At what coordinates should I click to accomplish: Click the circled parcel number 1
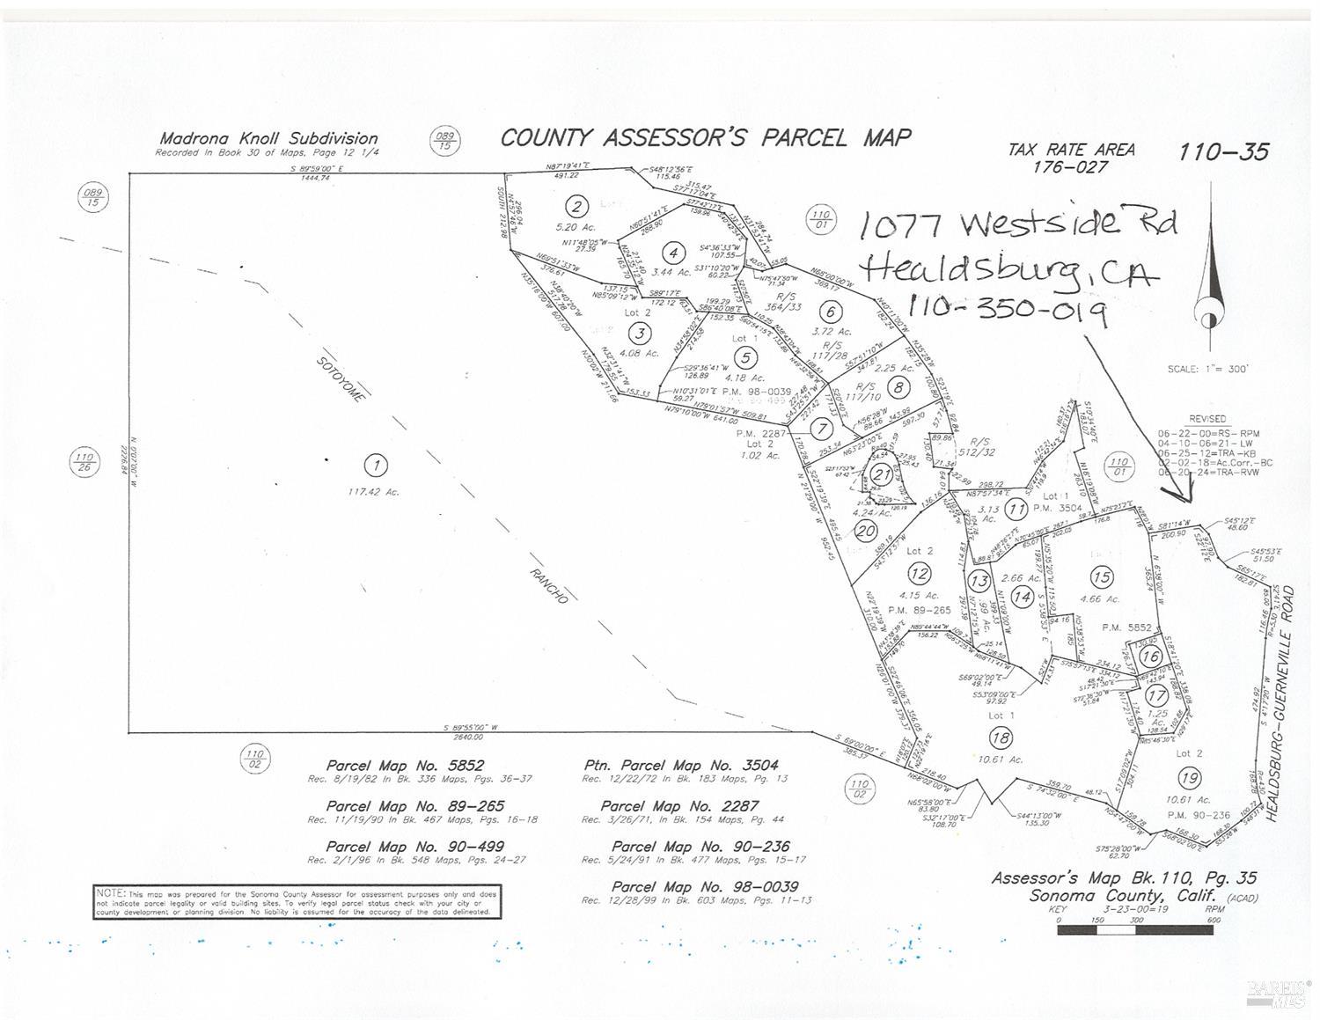tap(377, 466)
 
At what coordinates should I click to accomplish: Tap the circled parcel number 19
tap(1190, 778)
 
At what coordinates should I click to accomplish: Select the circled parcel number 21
tap(881, 474)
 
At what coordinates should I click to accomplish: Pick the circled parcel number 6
tap(829, 311)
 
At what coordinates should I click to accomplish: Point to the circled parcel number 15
tap(1101, 577)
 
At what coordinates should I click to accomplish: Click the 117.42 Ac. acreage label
tap(373, 492)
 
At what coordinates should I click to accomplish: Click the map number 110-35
tap(1224, 152)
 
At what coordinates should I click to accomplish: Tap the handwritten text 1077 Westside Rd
tap(1016, 224)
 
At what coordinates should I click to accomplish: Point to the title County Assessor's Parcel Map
tap(706, 138)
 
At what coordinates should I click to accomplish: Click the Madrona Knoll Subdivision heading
tap(268, 138)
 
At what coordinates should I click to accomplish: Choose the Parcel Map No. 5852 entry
tap(405, 766)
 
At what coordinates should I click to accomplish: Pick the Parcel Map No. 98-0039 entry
tap(705, 886)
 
